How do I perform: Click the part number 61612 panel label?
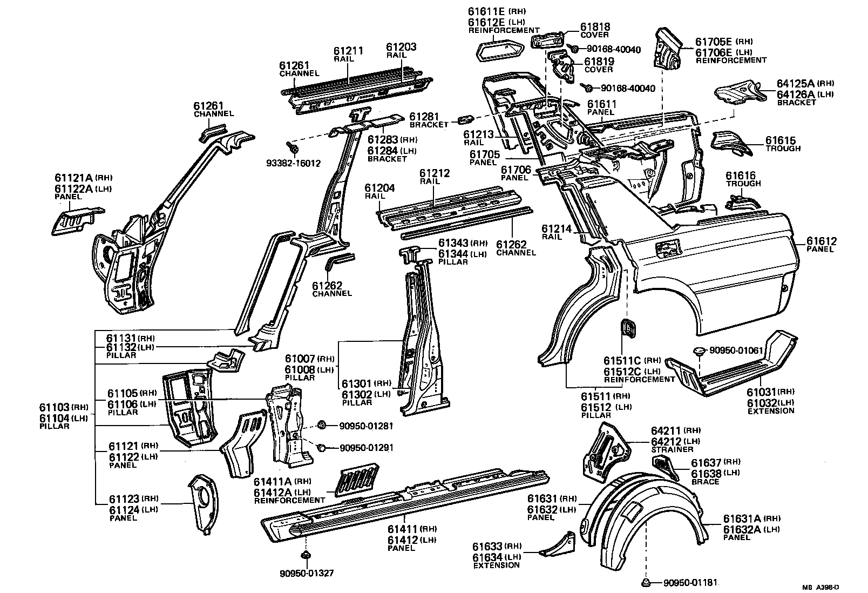822,241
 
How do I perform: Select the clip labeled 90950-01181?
646,582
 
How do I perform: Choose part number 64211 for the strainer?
666,430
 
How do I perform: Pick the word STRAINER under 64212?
672,449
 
